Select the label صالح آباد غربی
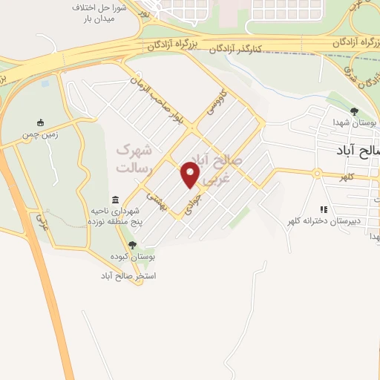(x=222, y=163)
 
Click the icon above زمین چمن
(x=41, y=122)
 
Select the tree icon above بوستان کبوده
(x=132, y=244)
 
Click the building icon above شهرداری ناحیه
(x=115, y=200)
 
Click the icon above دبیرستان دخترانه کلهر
(x=323, y=209)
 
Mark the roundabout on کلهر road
(x=315, y=174)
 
